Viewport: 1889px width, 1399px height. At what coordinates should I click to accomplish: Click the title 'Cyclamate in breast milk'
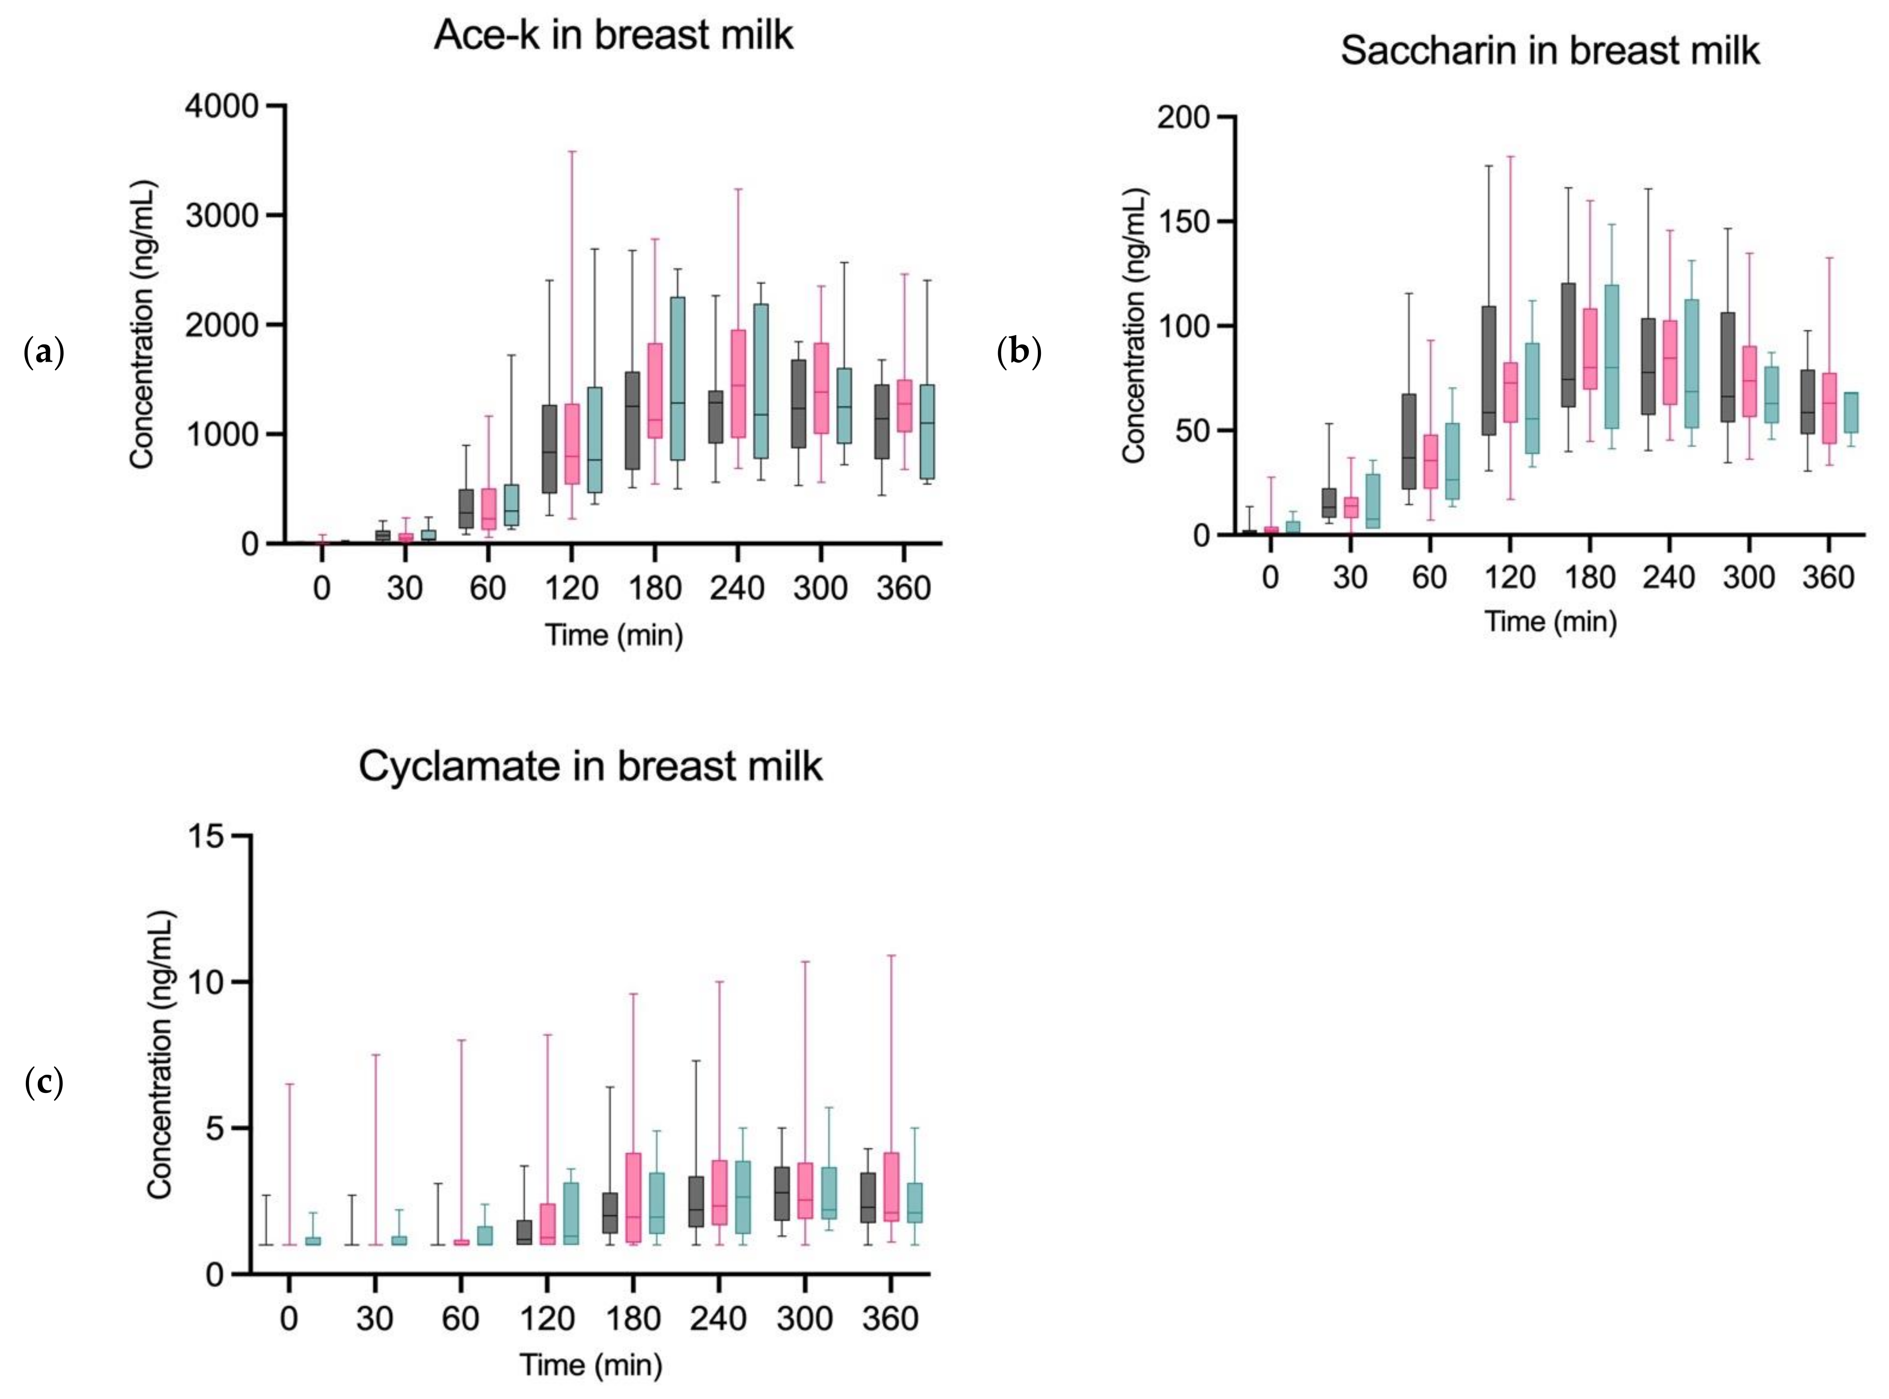pos(590,766)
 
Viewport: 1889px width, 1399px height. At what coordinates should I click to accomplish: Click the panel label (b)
pos(1019,352)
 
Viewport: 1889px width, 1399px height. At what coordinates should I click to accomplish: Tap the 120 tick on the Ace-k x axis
pos(571,588)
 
